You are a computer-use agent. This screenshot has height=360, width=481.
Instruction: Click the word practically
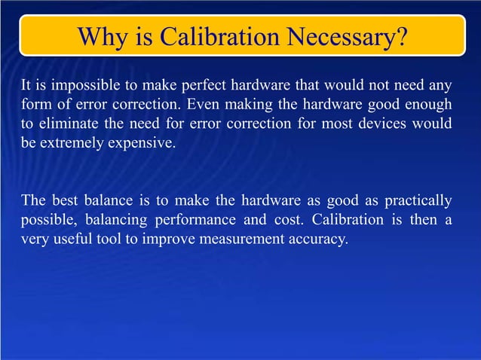[418, 201]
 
